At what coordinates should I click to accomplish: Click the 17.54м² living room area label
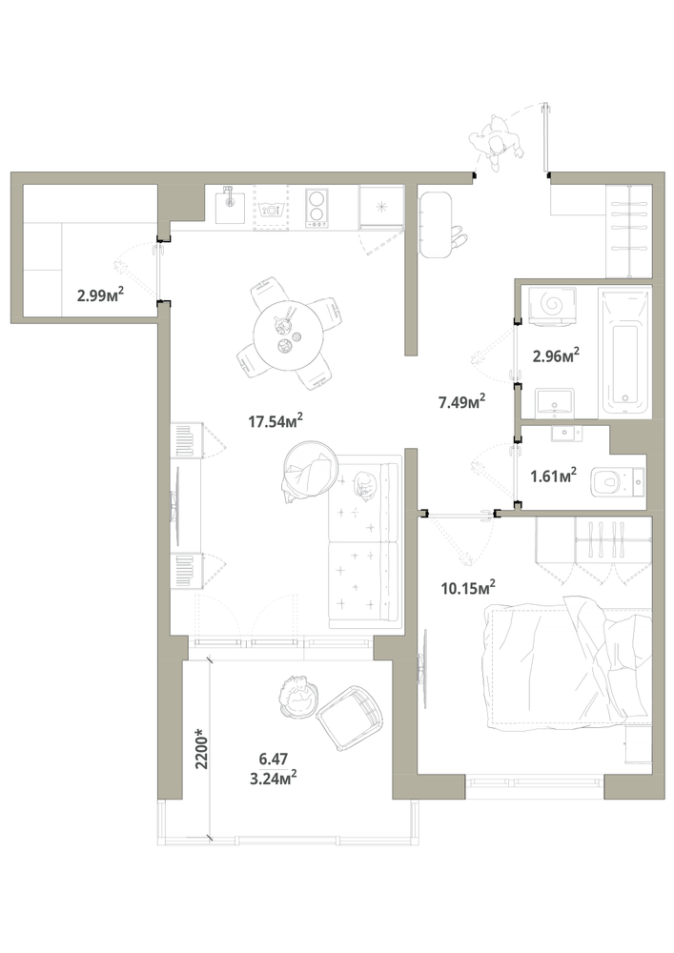[x=276, y=420]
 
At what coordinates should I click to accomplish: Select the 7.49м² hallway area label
[x=462, y=401]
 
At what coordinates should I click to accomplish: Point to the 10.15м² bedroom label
[x=468, y=588]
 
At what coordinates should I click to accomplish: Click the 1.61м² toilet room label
[x=553, y=476]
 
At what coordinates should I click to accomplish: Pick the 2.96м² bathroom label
[x=556, y=355]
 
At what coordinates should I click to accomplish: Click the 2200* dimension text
[x=202, y=749]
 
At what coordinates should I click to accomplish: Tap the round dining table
[x=288, y=335]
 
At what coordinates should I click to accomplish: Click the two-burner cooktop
[x=317, y=207]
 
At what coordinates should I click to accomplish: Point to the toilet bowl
[x=616, y=482]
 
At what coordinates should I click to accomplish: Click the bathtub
[x=624, y=353]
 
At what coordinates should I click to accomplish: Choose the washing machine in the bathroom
[x=552, y=303]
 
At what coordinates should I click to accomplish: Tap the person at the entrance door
[x=496, y=142]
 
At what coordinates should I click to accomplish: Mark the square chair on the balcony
[x=350, y=718]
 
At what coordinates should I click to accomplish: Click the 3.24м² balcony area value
[x=273, y=778]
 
